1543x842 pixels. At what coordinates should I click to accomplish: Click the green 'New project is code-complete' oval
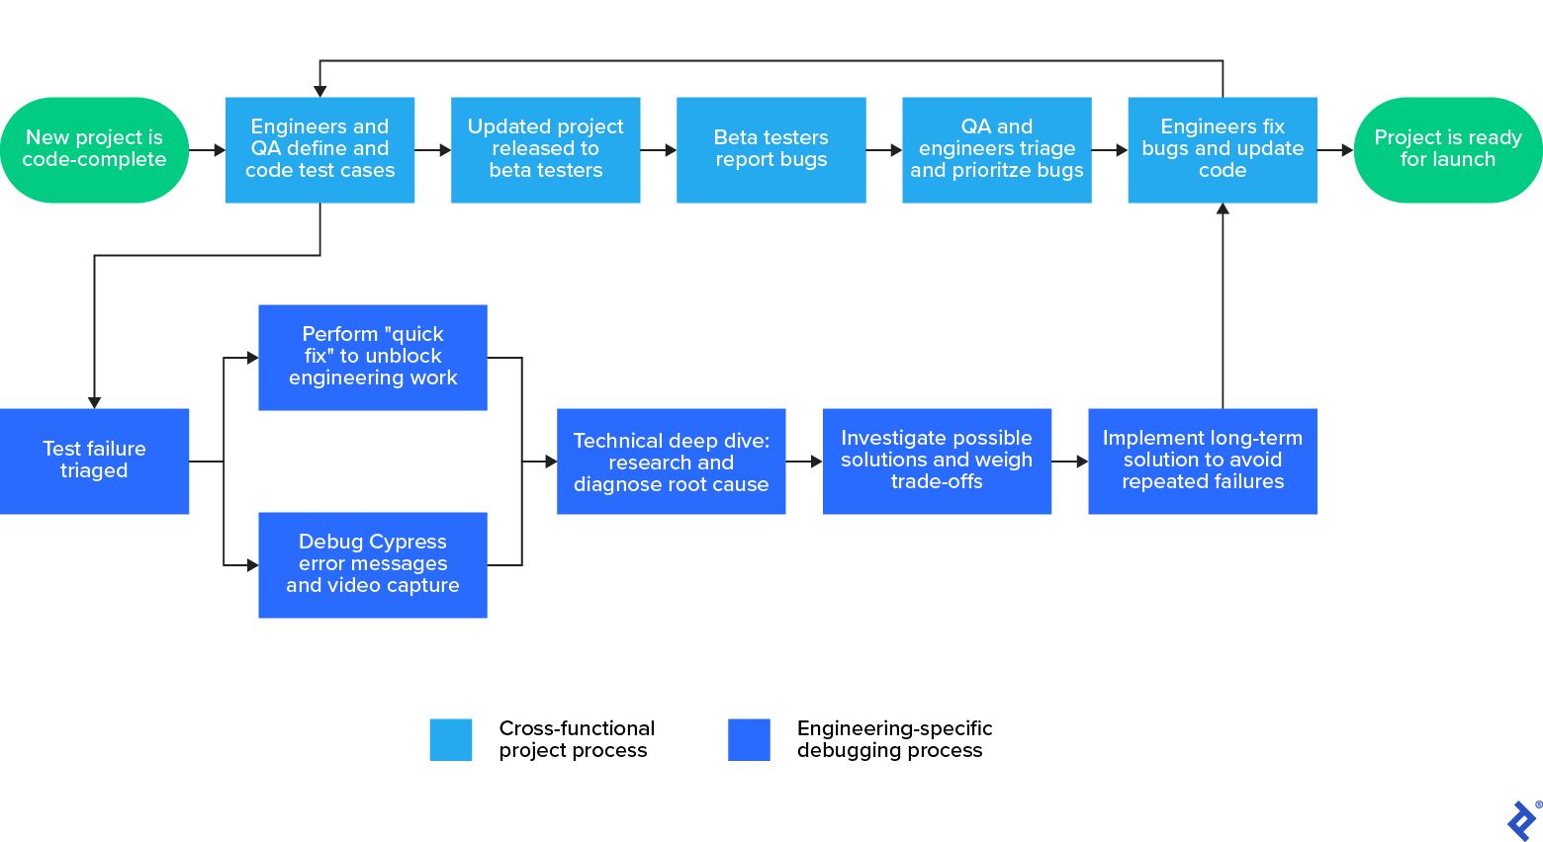(x=94, y=149)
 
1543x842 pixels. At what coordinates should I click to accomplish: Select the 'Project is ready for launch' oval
(x=1447, y=149)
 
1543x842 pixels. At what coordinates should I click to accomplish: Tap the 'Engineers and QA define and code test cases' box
(x=319, y=149)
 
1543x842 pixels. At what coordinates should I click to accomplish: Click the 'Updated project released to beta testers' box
(x=545, y=149)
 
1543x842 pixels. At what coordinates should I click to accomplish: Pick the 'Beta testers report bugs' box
(x=771, y=149)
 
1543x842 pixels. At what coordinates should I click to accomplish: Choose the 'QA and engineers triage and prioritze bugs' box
(x=996, y=149)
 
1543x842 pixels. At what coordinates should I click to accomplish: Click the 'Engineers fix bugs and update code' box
(x=1222, y=149)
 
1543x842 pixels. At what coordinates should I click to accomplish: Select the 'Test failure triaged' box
(x=94, y=461)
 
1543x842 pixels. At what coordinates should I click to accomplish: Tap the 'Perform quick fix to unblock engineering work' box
(x=372, y=357)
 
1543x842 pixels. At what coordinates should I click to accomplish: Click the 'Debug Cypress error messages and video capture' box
(x=372, y=564)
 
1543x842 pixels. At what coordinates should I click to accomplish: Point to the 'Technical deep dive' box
(x=671, y=461)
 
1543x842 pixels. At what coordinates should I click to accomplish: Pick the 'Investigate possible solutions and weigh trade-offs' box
(x=936, y=461)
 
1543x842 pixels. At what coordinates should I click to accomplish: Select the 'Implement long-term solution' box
(x=1202, y=461)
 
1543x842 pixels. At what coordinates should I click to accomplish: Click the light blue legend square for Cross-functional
(x=450, y=739)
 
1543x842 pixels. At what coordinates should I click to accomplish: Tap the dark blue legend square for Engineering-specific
(x=749, y=739)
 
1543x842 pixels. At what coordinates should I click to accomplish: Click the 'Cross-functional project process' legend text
(x=577, y=739)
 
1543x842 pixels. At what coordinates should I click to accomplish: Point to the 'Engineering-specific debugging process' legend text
(x=894, y=739)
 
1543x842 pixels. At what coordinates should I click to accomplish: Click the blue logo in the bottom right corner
(x=1521, y=820)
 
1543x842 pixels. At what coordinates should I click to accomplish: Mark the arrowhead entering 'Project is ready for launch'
(x=1347, y=150)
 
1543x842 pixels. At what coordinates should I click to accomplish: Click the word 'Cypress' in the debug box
(x=408, y=542)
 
